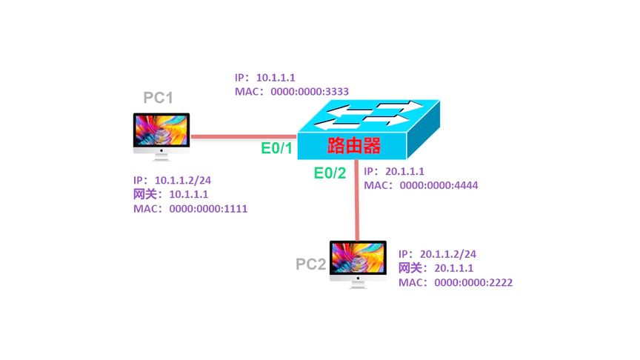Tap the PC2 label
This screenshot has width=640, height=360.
[311, 264]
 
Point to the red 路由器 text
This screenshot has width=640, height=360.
[350, 146]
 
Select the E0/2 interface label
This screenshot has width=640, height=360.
[330, 174]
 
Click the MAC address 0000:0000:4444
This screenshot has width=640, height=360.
[439, 185]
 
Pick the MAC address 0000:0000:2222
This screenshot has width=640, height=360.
[468, 283]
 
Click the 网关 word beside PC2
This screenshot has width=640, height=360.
[412, 268]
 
